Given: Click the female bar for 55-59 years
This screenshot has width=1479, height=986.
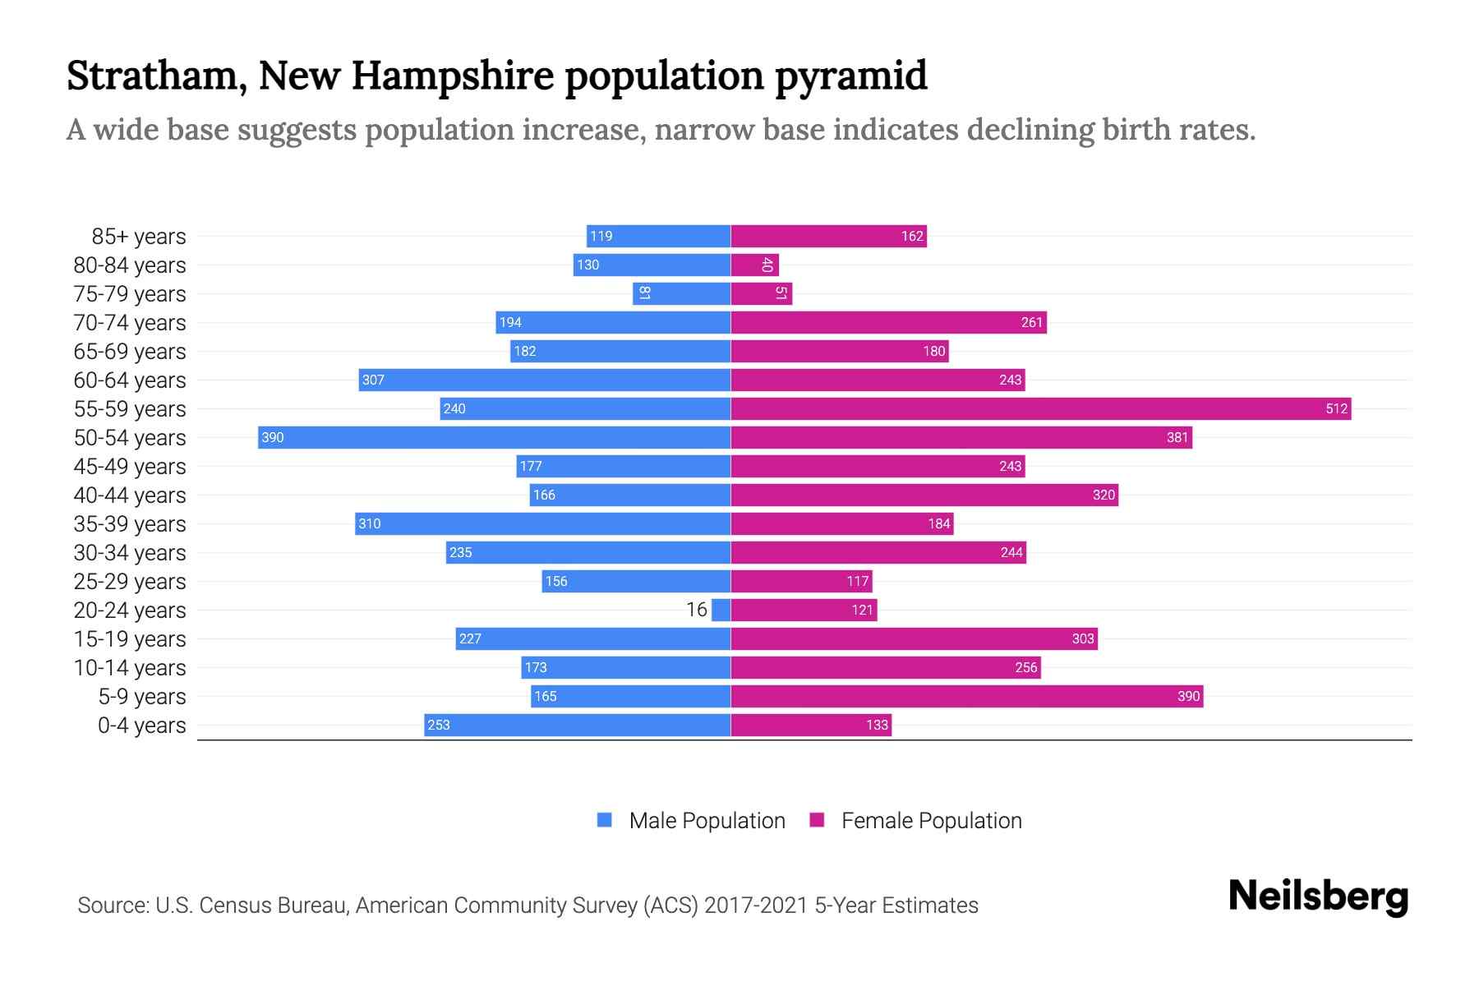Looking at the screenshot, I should coord(1040,408).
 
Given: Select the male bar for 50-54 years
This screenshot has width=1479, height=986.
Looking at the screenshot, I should coord(494,437).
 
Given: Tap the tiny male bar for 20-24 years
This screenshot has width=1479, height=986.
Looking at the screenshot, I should coord(721,610).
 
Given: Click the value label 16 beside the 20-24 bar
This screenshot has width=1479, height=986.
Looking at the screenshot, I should coord(697,610).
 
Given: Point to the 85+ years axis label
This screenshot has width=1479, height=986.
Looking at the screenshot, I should coord(139,237).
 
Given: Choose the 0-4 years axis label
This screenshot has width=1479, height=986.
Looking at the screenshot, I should coord(141,726).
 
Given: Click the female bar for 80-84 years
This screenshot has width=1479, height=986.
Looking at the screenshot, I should coord(754,265).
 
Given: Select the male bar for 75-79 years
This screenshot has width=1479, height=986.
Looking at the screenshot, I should coord(682,293).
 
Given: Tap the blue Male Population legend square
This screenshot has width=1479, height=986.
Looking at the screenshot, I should coord(605,820).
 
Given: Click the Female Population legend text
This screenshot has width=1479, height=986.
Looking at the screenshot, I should coord(931,821).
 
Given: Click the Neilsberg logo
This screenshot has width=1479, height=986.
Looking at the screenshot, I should coord(1318,896).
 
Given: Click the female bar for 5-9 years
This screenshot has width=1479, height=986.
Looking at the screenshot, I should coord(966,696).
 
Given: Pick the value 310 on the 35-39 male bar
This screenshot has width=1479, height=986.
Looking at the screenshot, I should coord(370,523).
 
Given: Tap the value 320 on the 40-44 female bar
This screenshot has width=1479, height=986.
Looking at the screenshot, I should coord(1103,495).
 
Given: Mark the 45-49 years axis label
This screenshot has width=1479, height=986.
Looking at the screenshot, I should coord(130,467).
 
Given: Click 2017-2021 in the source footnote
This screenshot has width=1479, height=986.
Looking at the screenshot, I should coord(756,905).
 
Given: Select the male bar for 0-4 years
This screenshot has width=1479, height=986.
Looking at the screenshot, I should coord(577,725).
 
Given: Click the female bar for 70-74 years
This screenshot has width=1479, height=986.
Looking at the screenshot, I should coord(888,322).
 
